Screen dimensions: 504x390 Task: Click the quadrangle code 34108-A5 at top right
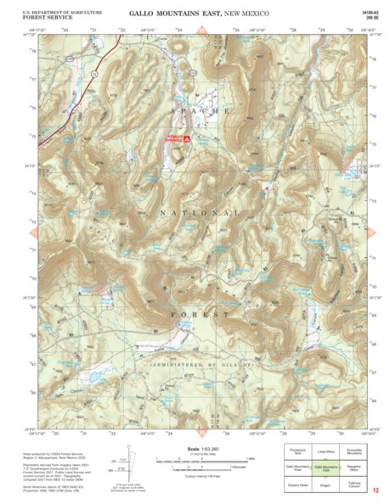(x=368, y=12)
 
